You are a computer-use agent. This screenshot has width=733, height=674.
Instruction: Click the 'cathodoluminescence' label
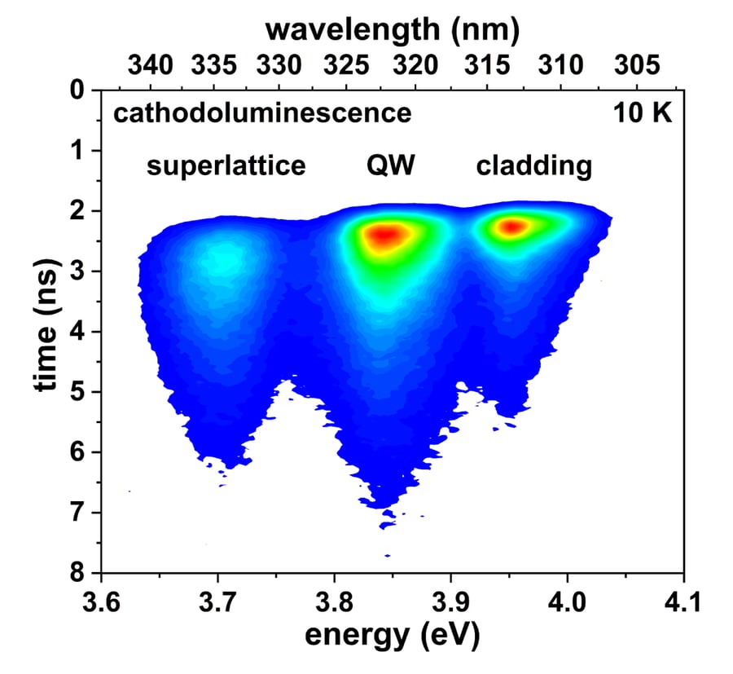[261, 113]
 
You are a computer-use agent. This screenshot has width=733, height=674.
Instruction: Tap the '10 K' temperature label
[643, 113]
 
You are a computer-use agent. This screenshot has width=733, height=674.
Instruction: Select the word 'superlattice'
[226, 166]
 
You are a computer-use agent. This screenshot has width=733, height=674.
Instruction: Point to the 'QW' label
[389, 166]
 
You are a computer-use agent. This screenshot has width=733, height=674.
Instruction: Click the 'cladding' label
[533, 166]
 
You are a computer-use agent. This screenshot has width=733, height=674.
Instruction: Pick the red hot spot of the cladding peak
[513, 226]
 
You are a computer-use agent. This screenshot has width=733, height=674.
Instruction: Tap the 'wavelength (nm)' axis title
[393, 30]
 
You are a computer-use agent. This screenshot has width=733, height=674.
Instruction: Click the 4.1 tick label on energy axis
[682, 602]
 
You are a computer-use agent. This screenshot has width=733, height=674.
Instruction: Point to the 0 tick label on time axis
[78, 90]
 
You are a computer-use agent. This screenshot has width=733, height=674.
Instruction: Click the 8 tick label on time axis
[78, 573]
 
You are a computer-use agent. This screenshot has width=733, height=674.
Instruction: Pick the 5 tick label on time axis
[78, 392]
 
